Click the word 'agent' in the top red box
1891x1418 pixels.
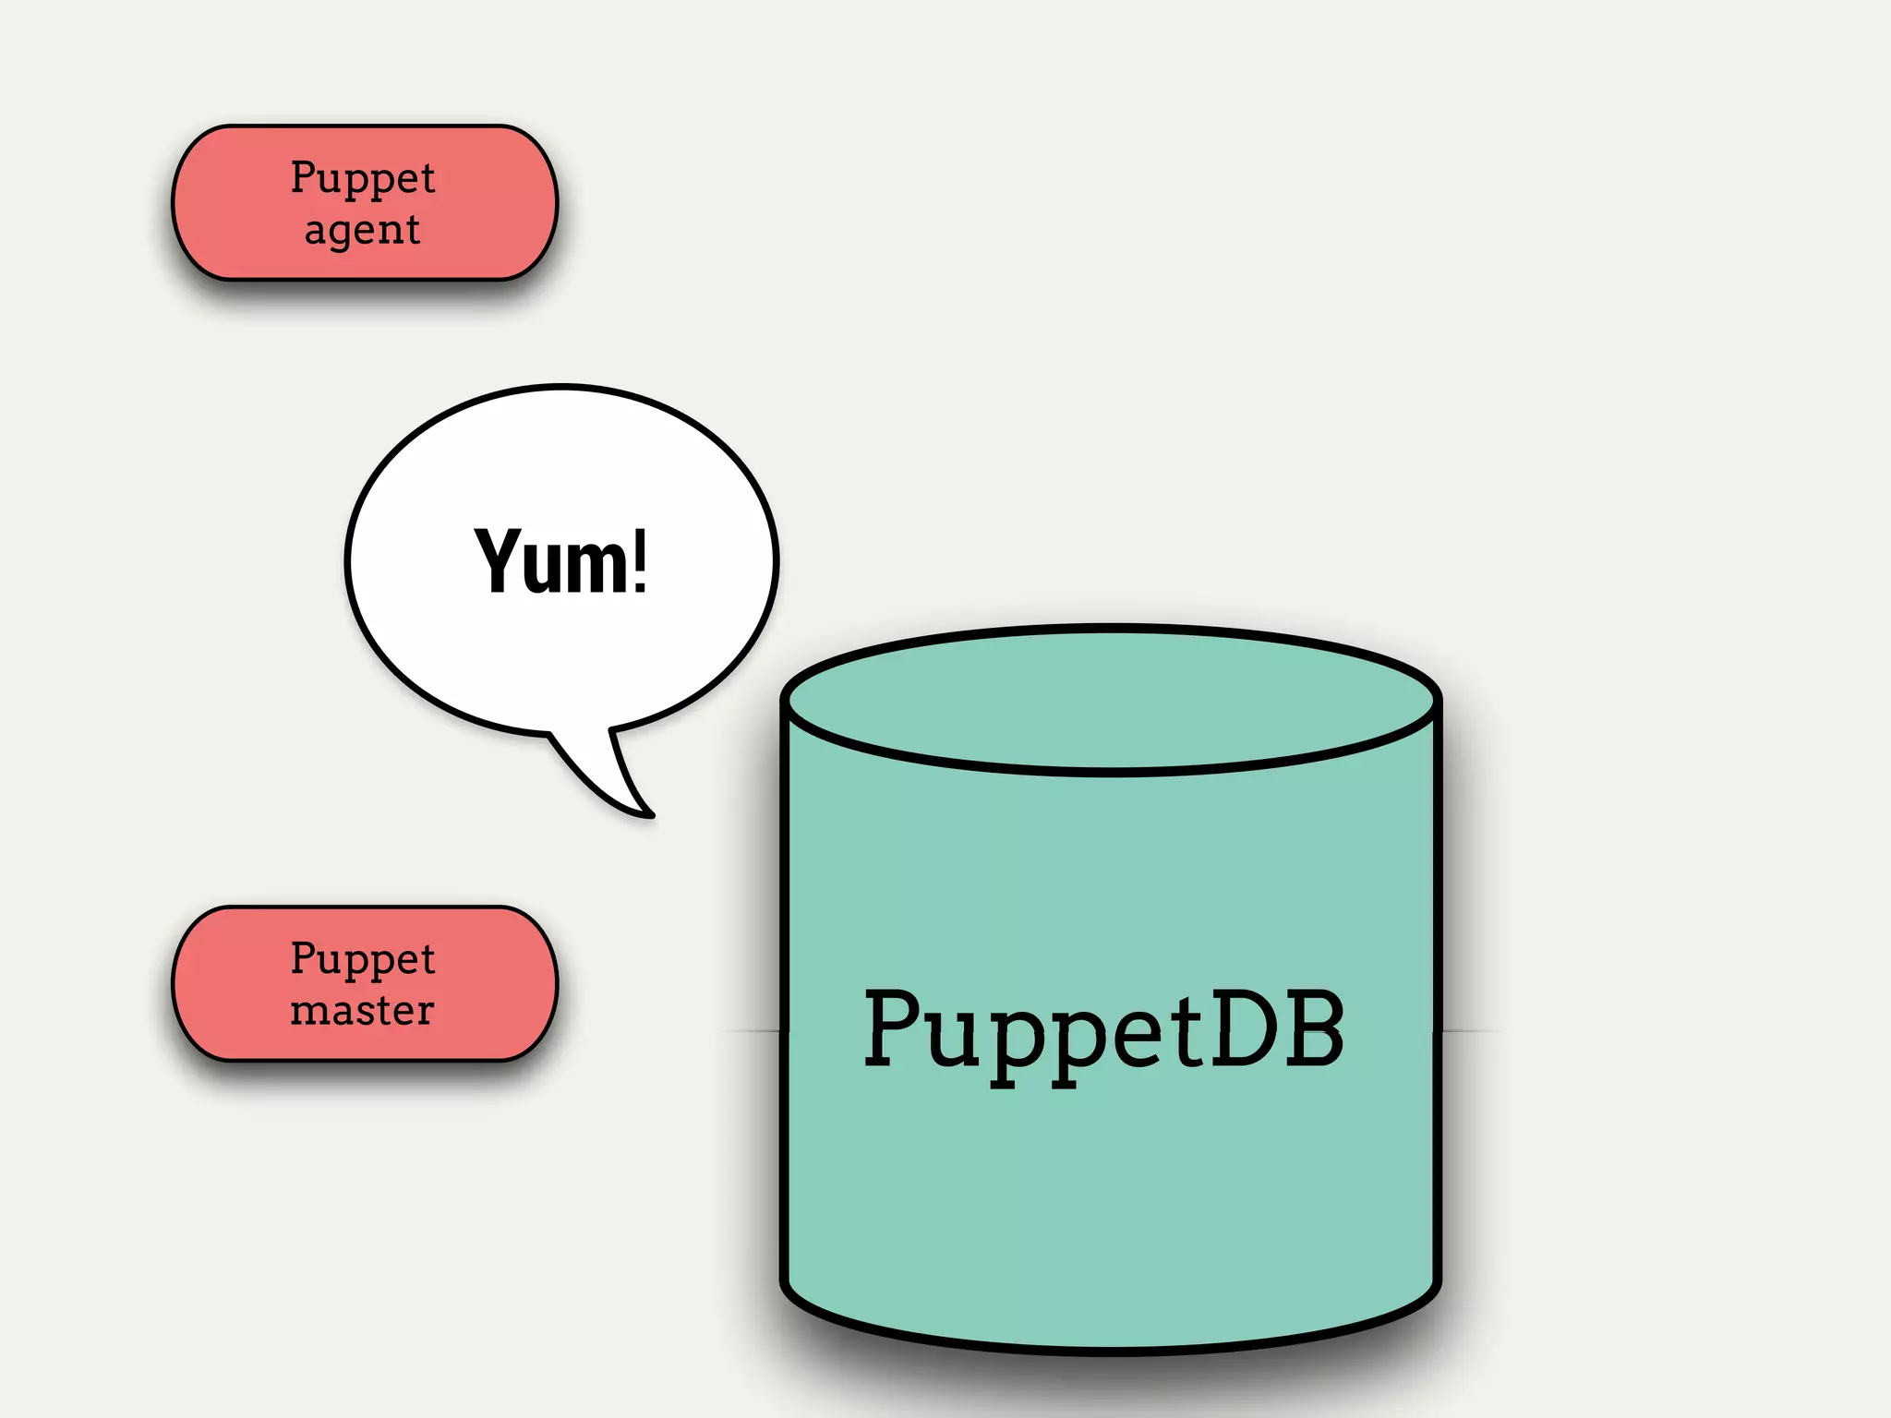pos(362,229)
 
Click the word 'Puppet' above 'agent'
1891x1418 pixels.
pos(362,176)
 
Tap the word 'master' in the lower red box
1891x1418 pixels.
pos(362,1010)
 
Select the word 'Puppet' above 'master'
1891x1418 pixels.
pos(362,957)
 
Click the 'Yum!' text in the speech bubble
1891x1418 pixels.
pos(560,560)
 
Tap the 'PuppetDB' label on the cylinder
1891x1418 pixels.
pos(1103,1029)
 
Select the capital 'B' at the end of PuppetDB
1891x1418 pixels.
pos(1313,1027)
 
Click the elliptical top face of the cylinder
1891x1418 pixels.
pos(1111,699)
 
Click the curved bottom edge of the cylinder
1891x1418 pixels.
pos(1111,1349)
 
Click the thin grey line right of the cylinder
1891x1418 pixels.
pos(1473,1030)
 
